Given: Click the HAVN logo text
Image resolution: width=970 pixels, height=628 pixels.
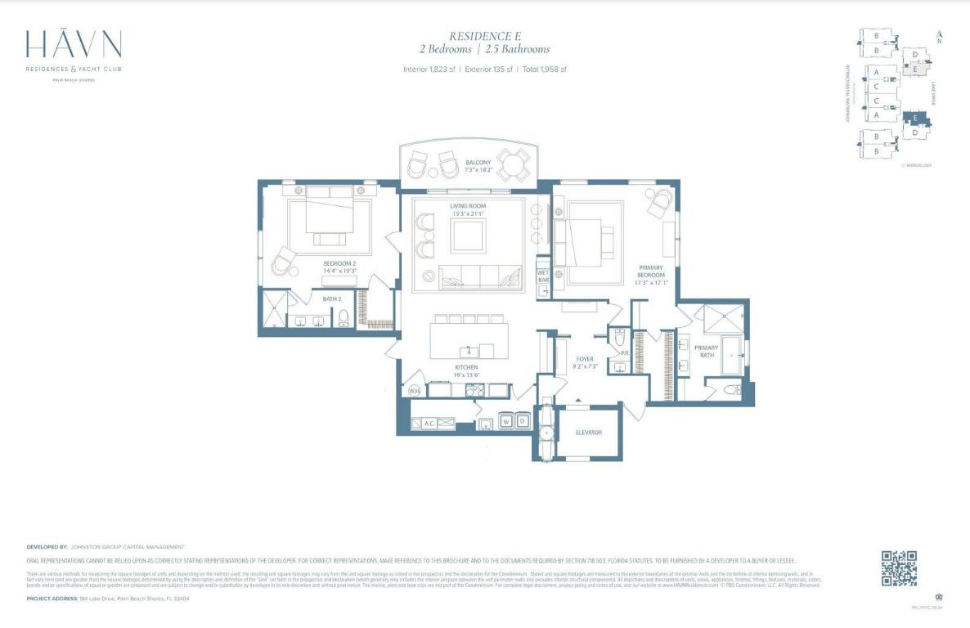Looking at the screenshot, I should [x=74, y=45].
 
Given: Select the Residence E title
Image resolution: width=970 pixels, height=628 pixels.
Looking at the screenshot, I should [x=485, y=36].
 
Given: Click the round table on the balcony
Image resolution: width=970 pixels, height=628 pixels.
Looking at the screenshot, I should [x=513, y=168].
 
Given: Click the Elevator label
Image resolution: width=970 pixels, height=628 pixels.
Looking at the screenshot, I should [x=588, y=432].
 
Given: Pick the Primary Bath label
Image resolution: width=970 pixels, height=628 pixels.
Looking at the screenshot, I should [x=706, y=352].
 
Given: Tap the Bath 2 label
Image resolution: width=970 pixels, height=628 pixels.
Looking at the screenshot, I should [x=331, y=299].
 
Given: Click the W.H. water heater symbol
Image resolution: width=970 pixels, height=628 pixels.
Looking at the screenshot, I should [x=415, y=391].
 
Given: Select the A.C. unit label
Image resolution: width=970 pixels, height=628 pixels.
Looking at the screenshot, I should [x=429, y=423].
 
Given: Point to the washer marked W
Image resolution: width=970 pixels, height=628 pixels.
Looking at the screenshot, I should [x=505, y=422].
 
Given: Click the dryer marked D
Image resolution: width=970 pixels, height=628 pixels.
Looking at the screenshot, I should [x=521, y=422].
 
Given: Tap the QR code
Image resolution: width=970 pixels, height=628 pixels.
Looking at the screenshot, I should [x=898, y=568].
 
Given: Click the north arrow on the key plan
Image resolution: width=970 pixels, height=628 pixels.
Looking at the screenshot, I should [x=940, y=37].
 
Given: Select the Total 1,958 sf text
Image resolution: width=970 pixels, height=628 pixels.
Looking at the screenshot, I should [x=542, y=70].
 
